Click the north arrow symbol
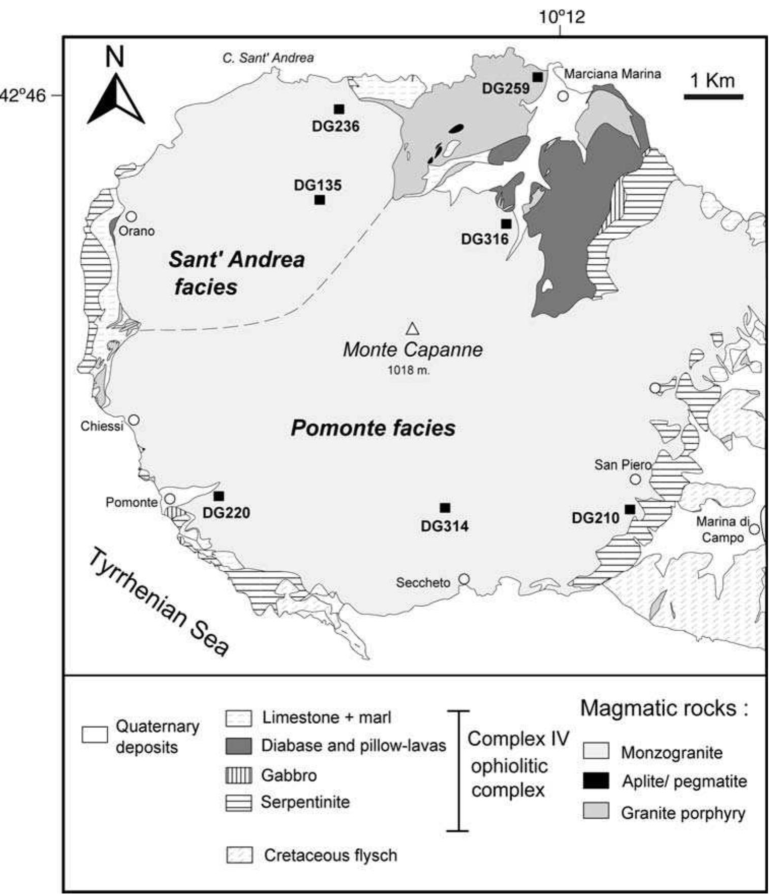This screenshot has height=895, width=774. click(x=116, y=99)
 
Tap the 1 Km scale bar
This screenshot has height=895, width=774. click(x=714, y=96)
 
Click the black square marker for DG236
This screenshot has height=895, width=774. click(x=339, y=109)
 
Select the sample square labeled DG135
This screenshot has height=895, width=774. click(x=319, y=200)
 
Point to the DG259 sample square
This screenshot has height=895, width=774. click(x=537, y=77)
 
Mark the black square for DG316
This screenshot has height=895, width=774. click(x=506, y=224)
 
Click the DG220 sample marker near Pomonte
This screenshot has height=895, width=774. click(x=219, y=496)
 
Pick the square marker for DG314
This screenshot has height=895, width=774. click(x=445, y=508)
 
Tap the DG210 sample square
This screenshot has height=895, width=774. click(x=630, y=509)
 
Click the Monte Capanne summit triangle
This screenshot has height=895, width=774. click(x=413, y=329)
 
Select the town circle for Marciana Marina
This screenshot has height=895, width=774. click(x=563, y=96)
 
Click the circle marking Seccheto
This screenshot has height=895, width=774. click(x=464, y=579)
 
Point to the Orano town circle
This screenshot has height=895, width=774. click(x=131, y=217)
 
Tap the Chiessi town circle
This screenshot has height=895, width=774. click(x=134, y=420)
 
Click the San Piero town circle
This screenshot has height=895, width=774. click(x=635, y=479)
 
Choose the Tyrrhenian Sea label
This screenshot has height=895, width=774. click(x=159, y=602)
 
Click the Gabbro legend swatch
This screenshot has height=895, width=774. click(x=238, y=776)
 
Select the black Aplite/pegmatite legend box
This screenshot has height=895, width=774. click(x=596, y=781)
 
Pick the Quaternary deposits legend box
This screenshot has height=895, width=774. click(x=95, y=735)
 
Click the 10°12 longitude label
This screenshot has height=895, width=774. click(x=562, y=17)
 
